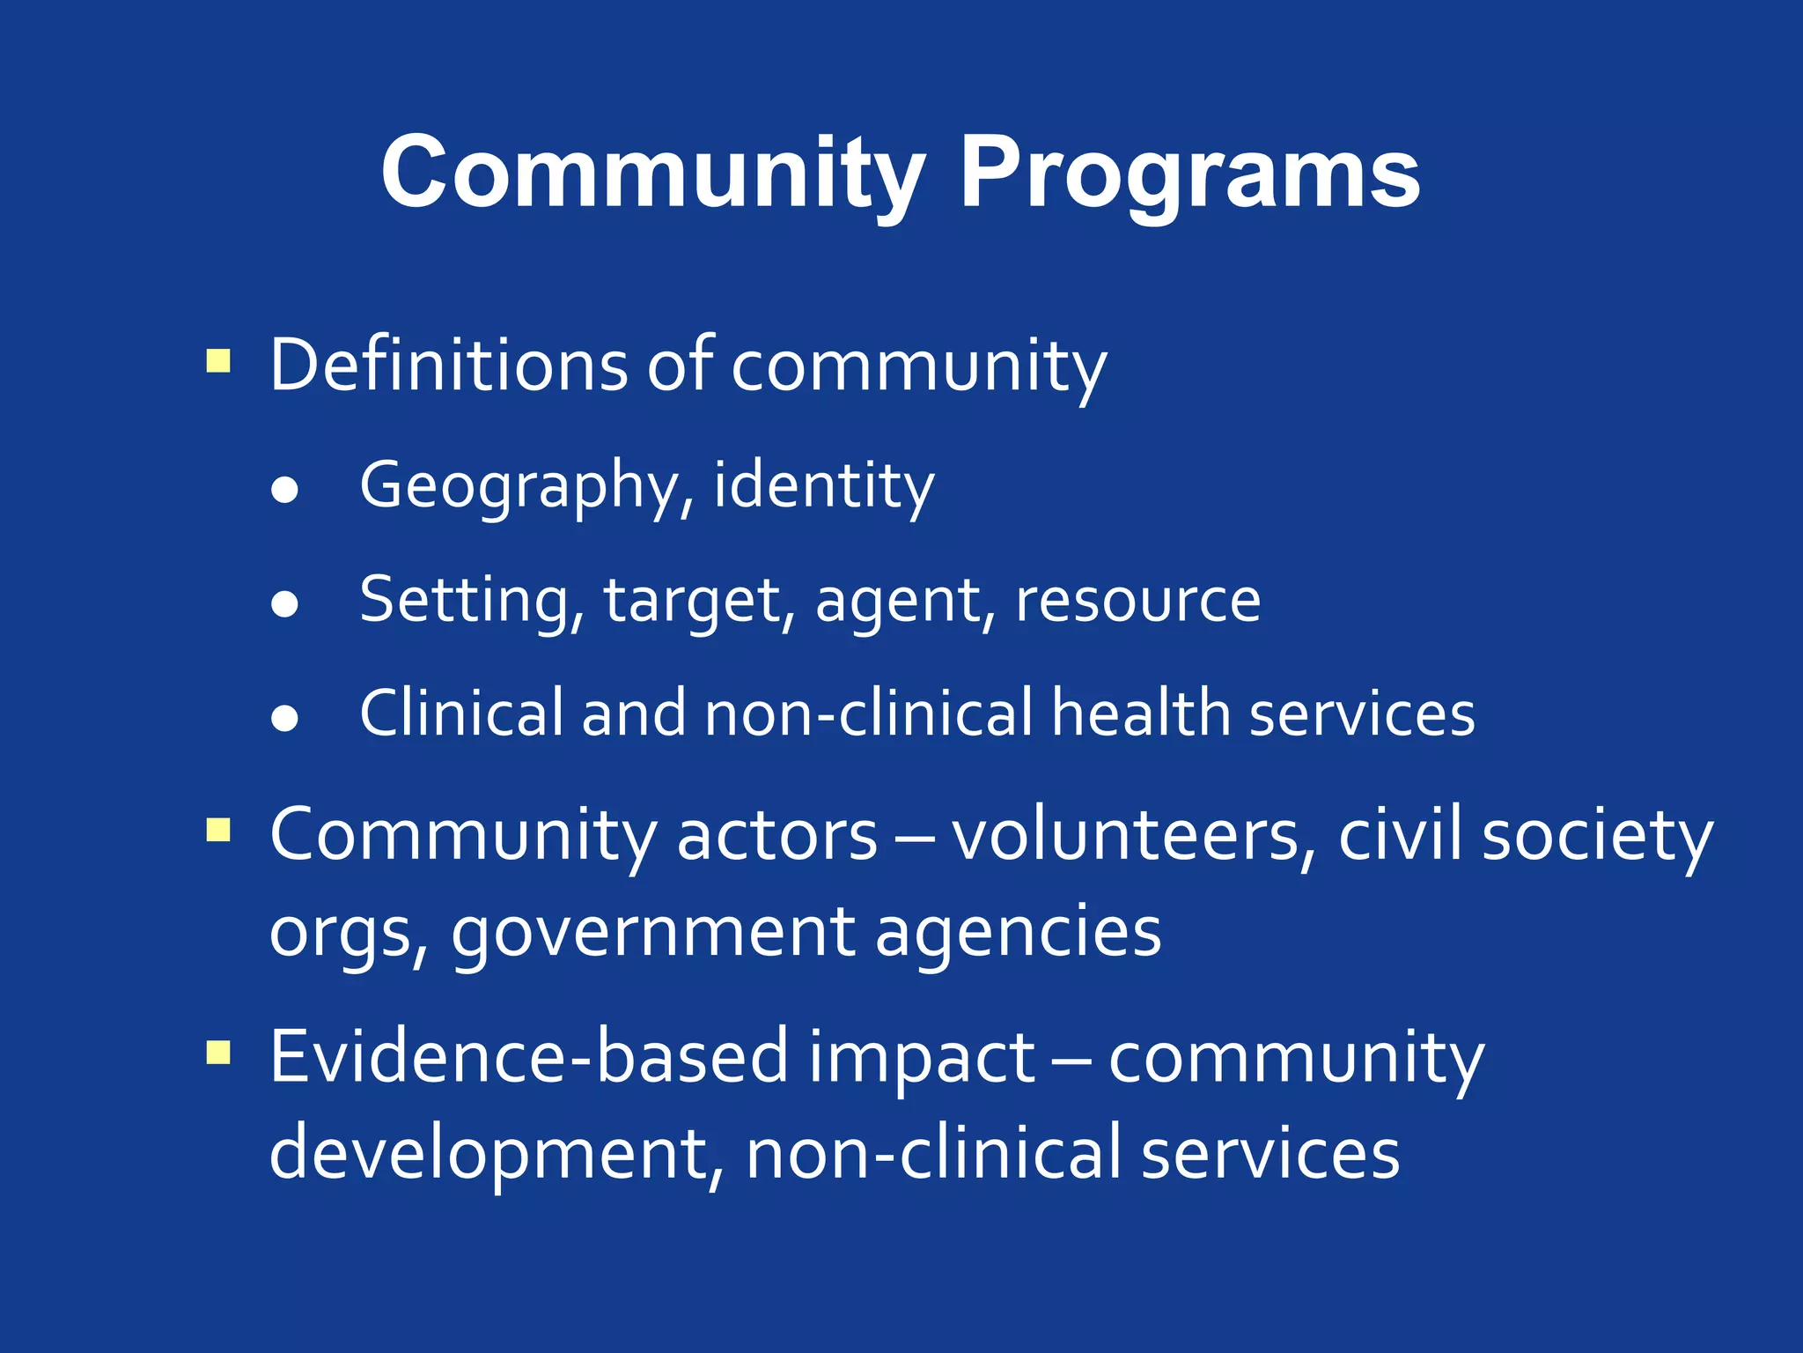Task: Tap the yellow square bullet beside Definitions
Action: (218, 361)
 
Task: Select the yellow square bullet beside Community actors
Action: (218, 830)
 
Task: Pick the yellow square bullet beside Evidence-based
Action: (218, 1053)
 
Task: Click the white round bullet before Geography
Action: (284, 491)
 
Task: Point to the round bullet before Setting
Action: (284, 604)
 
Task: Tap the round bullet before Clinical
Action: (284, 718)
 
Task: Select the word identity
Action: (823, 486)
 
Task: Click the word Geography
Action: (519, 486)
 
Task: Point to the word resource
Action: (1137, 601)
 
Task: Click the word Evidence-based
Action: (528, 1056)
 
